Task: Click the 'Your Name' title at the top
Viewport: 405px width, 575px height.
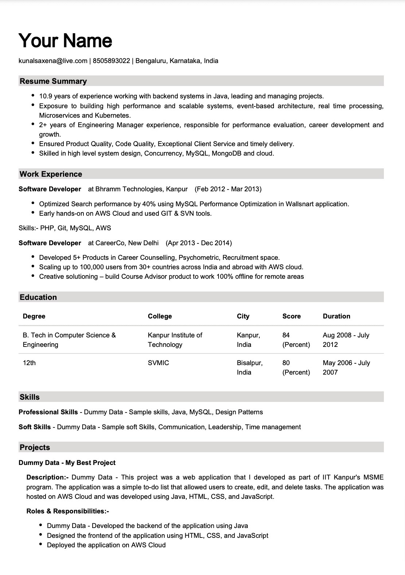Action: (x=65, y=40)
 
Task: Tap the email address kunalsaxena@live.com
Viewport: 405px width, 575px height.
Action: (x=53, y=61)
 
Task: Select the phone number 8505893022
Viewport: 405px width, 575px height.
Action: (x=111, y=61)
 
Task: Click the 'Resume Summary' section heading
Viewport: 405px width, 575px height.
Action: (x=53, y=81)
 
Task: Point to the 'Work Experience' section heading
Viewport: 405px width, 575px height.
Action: (x=51, y=174)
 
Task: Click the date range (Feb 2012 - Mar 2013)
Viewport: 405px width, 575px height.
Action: (x=228, y=189)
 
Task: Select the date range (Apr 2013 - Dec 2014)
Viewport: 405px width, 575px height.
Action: (x=199, y=243)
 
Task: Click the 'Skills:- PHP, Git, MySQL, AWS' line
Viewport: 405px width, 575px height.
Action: (x=65, y=228)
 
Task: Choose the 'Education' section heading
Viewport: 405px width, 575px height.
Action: (x=38, y=297)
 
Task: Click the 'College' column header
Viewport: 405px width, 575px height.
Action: (x=160, y=316)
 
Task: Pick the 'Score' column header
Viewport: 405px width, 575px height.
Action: (x=291, y=316)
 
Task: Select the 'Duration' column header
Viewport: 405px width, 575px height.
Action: (x=336, y=316)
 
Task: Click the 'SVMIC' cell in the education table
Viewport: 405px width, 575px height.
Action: (x=158, y=363)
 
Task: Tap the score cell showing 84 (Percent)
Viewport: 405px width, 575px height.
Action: (x=296, y=340)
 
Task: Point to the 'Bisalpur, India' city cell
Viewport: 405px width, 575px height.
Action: (x=249, y=367)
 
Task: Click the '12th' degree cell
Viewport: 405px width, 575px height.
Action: (x=29, y=363)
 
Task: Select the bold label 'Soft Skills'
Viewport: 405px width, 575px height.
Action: (x=35, y=427)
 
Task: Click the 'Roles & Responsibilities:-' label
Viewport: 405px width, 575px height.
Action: (x=68, y=511)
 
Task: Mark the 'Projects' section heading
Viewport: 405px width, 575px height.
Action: (x=35, y=447)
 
